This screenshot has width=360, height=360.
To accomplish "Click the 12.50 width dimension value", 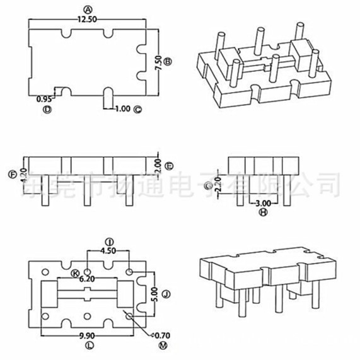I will [x=88, y=20].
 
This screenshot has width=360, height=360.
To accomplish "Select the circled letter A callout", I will [x=87, y=9].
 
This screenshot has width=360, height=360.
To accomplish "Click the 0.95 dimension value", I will [x=44, y=99].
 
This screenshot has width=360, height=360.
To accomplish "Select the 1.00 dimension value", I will [x=122, y=108].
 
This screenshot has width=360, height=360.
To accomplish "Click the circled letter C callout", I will [x=138, y=108].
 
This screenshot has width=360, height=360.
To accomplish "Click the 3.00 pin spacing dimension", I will [x=264, y=203].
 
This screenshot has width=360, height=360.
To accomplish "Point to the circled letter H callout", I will [x=264, y=213].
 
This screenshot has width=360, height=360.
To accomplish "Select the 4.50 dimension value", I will [x=108, y=250].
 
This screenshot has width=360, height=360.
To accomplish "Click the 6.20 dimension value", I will [x=87, y=278].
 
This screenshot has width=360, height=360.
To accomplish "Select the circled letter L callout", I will [x=87, y=346].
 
